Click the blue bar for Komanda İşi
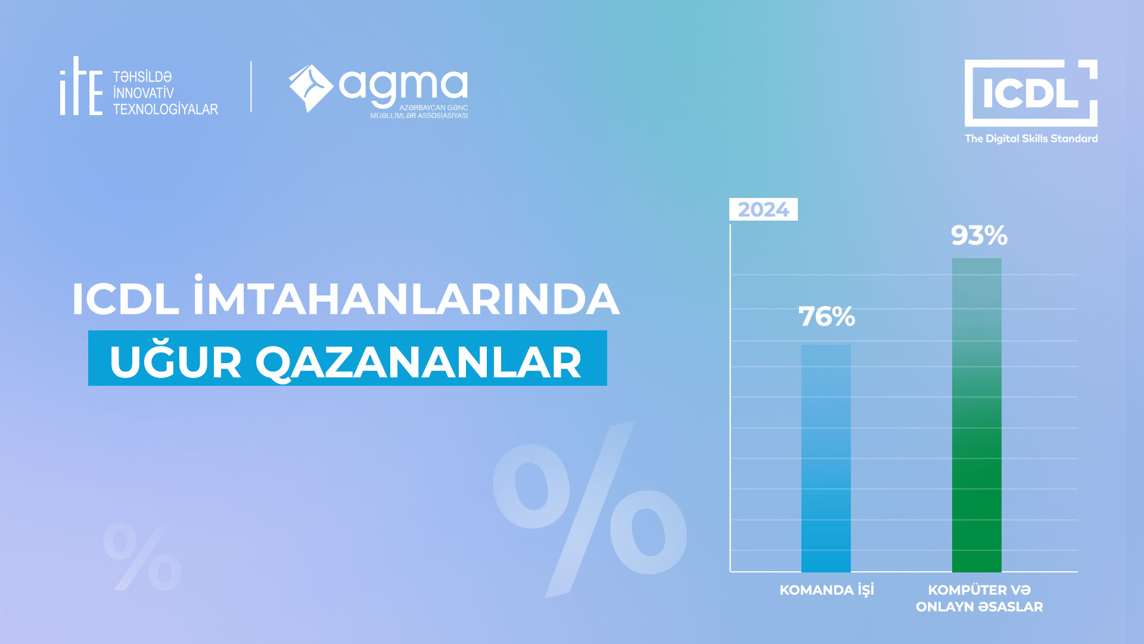[x=826, y=458]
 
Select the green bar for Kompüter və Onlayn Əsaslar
[x=977, y=415]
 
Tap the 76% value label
[x=827, y=317]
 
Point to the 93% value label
[x=979, y=236]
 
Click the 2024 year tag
[x=763, y=209]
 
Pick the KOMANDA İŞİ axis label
[x=827, y=590]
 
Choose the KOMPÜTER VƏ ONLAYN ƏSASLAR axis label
[x=980, y=598]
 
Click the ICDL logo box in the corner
[x=1031, y=92]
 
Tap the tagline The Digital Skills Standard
[x=1031, y=138]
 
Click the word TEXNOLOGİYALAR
[x=166, y=109]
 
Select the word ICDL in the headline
[x=125, y=299]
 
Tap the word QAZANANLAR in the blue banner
[x=418, y=363]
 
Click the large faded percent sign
[x=590, y=510]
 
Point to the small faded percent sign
[x=142, y=557]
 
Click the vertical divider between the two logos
[x=251, y=86]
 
